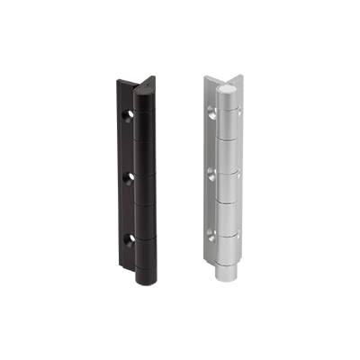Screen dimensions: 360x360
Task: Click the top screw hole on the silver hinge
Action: click(212, 112)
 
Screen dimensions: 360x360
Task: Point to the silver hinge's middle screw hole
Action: click(212, 167)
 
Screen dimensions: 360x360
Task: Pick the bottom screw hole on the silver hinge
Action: click(212, 237)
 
